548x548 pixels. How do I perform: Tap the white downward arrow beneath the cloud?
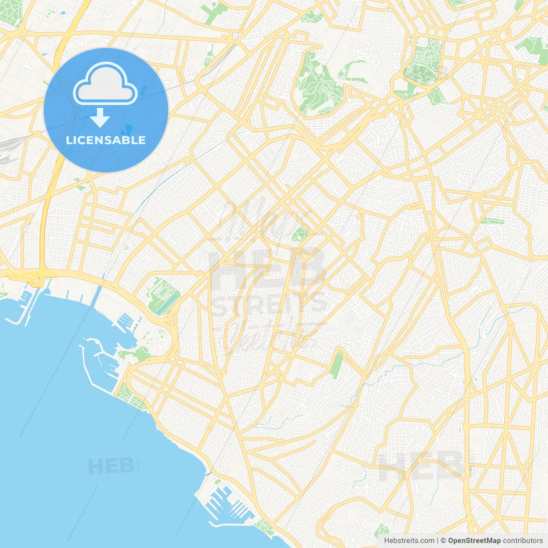100,117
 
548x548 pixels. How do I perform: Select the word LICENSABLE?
106,140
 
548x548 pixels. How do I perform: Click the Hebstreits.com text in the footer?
409,541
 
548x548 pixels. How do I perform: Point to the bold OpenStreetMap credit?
474,541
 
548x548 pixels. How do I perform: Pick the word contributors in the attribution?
522,541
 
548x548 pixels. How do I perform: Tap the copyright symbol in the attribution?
443,541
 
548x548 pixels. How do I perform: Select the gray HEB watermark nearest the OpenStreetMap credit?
422,465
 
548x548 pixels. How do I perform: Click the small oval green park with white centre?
300,234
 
